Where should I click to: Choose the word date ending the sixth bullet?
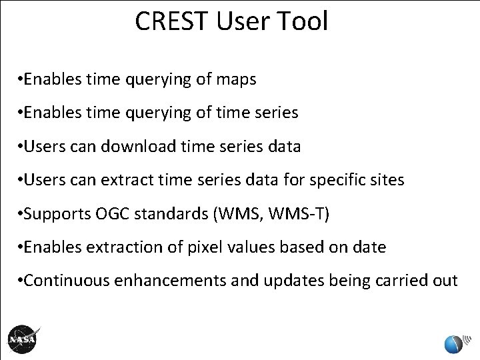[x=370, y=247]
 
